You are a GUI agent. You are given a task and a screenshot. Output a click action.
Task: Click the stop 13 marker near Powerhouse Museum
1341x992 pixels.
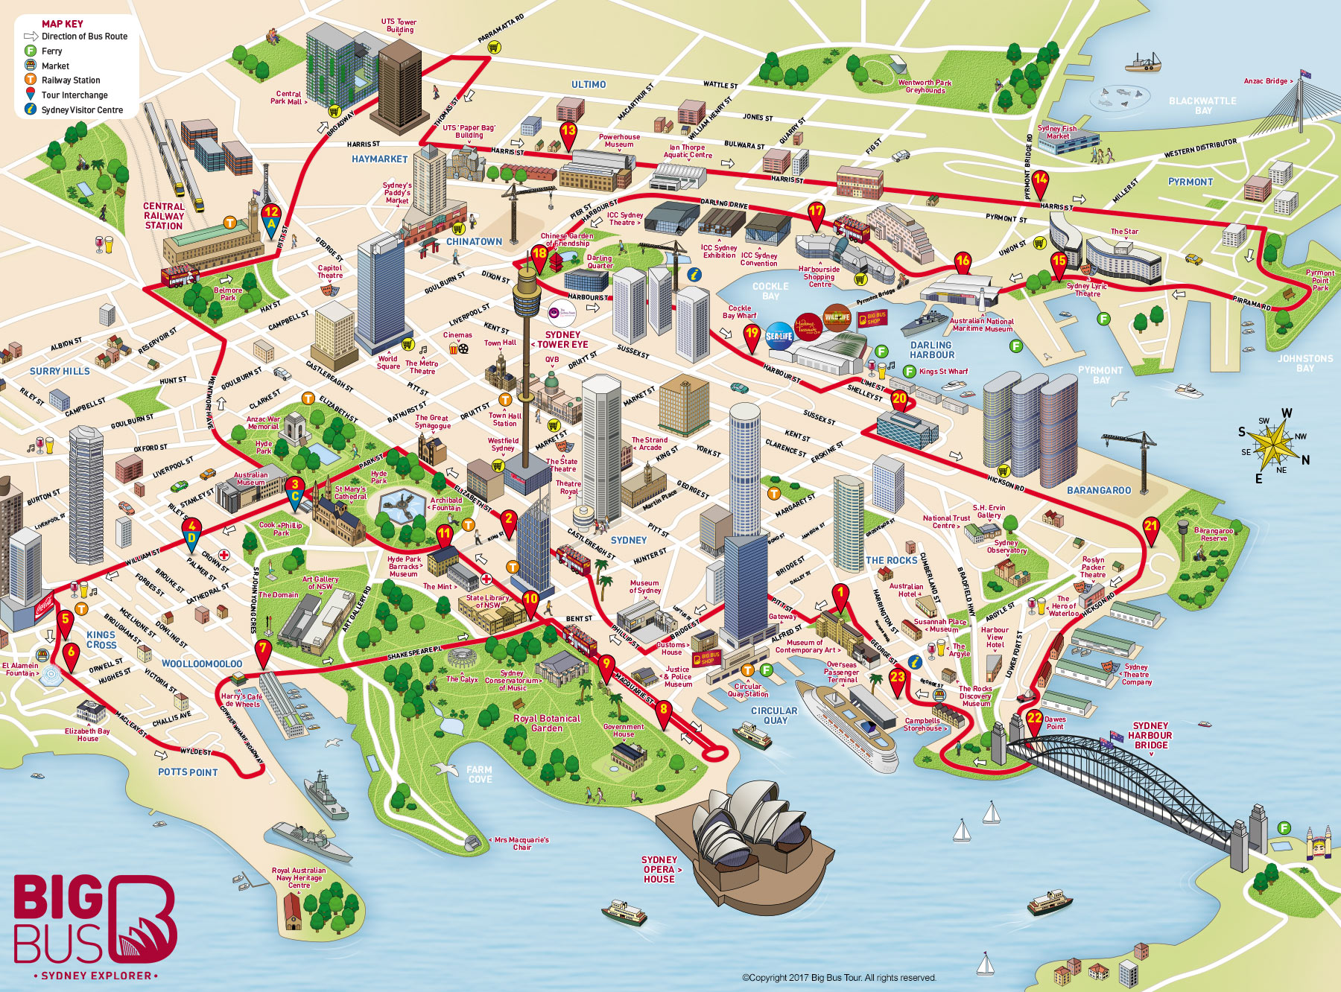568,133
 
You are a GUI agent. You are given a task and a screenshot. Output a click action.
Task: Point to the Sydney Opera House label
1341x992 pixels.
659,869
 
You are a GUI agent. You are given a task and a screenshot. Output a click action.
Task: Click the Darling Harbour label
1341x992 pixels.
931,350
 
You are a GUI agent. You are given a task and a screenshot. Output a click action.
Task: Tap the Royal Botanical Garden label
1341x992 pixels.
547,723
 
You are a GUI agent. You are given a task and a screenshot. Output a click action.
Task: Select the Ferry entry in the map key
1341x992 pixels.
51,51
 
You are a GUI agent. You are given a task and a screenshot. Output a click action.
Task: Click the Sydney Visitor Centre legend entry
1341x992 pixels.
82,109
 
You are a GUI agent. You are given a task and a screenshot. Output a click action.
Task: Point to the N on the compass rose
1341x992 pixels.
1305,460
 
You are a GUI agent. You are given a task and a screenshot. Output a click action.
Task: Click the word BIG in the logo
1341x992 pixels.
58,898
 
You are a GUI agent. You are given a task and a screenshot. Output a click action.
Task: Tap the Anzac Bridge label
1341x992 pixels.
1266,81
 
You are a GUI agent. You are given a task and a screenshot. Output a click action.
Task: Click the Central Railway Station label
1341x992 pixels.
164,216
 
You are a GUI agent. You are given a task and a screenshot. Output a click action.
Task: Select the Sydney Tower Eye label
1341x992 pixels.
562,340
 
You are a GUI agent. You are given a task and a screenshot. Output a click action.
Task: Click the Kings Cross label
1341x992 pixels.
101,640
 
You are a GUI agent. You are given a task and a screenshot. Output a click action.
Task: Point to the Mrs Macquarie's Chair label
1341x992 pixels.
521,843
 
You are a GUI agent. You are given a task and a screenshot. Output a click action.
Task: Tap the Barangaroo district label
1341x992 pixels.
1099,490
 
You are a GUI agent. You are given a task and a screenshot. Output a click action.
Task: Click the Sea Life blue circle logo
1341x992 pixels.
779,336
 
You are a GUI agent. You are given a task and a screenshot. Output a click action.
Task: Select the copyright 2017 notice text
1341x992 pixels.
839,977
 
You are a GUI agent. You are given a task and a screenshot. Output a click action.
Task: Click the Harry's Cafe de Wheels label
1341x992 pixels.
242,700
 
